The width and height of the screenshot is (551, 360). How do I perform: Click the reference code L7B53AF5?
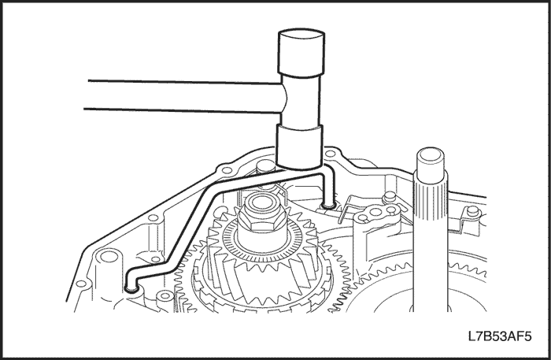point(500,336)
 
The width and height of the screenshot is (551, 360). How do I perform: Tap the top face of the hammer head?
point(301,35)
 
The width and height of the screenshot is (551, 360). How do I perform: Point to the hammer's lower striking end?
point(299,147)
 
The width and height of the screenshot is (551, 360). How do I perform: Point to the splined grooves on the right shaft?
point(431,198)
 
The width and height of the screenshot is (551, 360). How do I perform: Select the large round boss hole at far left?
point(109,256)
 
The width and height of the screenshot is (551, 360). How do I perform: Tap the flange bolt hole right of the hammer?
point(331,154)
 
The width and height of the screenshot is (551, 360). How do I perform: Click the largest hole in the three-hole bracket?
point(376,212)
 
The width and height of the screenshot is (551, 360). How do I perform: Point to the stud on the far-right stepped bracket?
point(473,210)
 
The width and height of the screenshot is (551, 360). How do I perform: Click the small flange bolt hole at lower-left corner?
point(81,284)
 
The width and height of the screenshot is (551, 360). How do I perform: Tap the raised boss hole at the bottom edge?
point(165,296)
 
